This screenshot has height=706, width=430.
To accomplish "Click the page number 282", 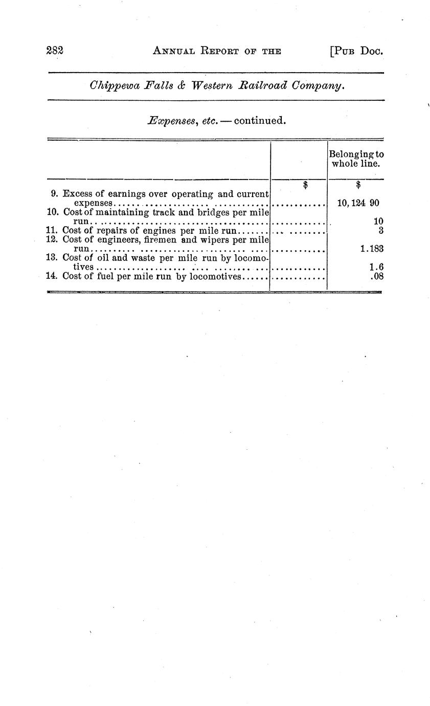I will (x=54, y=50).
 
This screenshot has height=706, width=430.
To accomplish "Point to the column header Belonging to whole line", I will (x=356, y=159).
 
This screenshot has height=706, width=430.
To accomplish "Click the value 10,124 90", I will (x=358, y=203).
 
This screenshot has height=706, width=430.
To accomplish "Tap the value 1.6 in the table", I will (x=376, y=267).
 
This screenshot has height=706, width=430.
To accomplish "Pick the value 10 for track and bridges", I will (x=378, y=222).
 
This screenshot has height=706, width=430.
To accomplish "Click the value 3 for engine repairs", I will (x=381, y=230).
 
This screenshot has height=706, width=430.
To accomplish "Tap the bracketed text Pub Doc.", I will (x=357, y=51).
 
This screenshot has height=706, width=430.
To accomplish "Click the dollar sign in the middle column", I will (x=305, y=185).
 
